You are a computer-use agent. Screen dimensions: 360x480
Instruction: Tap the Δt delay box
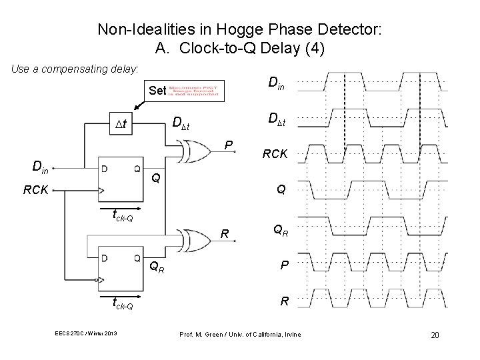pos(122,123)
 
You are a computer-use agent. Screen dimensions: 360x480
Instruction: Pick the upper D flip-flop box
pos(120,178)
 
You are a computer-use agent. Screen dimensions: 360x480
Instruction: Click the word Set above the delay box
pos(158,89)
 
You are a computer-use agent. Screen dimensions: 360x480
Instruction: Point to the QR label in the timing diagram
pos(281,229)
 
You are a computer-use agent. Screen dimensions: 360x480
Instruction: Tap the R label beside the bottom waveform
pos(284,301)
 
